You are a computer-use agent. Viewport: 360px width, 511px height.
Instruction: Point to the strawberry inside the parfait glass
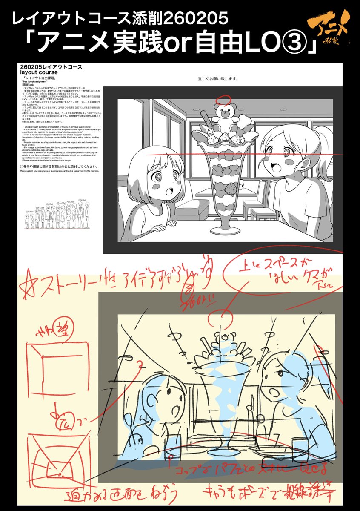click(220, 188)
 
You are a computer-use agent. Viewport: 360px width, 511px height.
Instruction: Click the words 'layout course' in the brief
click(39, 72)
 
